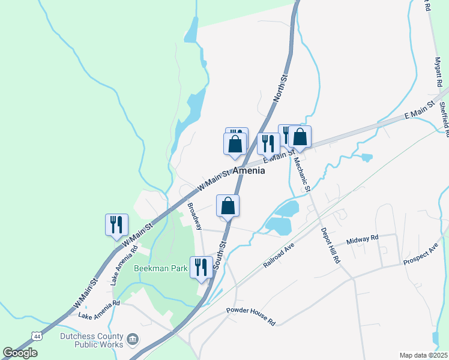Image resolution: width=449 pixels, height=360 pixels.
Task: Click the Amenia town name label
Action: coord(248,170)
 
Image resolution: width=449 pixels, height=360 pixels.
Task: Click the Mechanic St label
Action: coord(302,172)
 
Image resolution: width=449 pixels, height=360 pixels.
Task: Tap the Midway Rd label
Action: coord(363,239)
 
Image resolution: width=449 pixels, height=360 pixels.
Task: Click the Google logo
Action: coord(20,353)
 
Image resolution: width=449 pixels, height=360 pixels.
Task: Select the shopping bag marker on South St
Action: coord(228,206)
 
